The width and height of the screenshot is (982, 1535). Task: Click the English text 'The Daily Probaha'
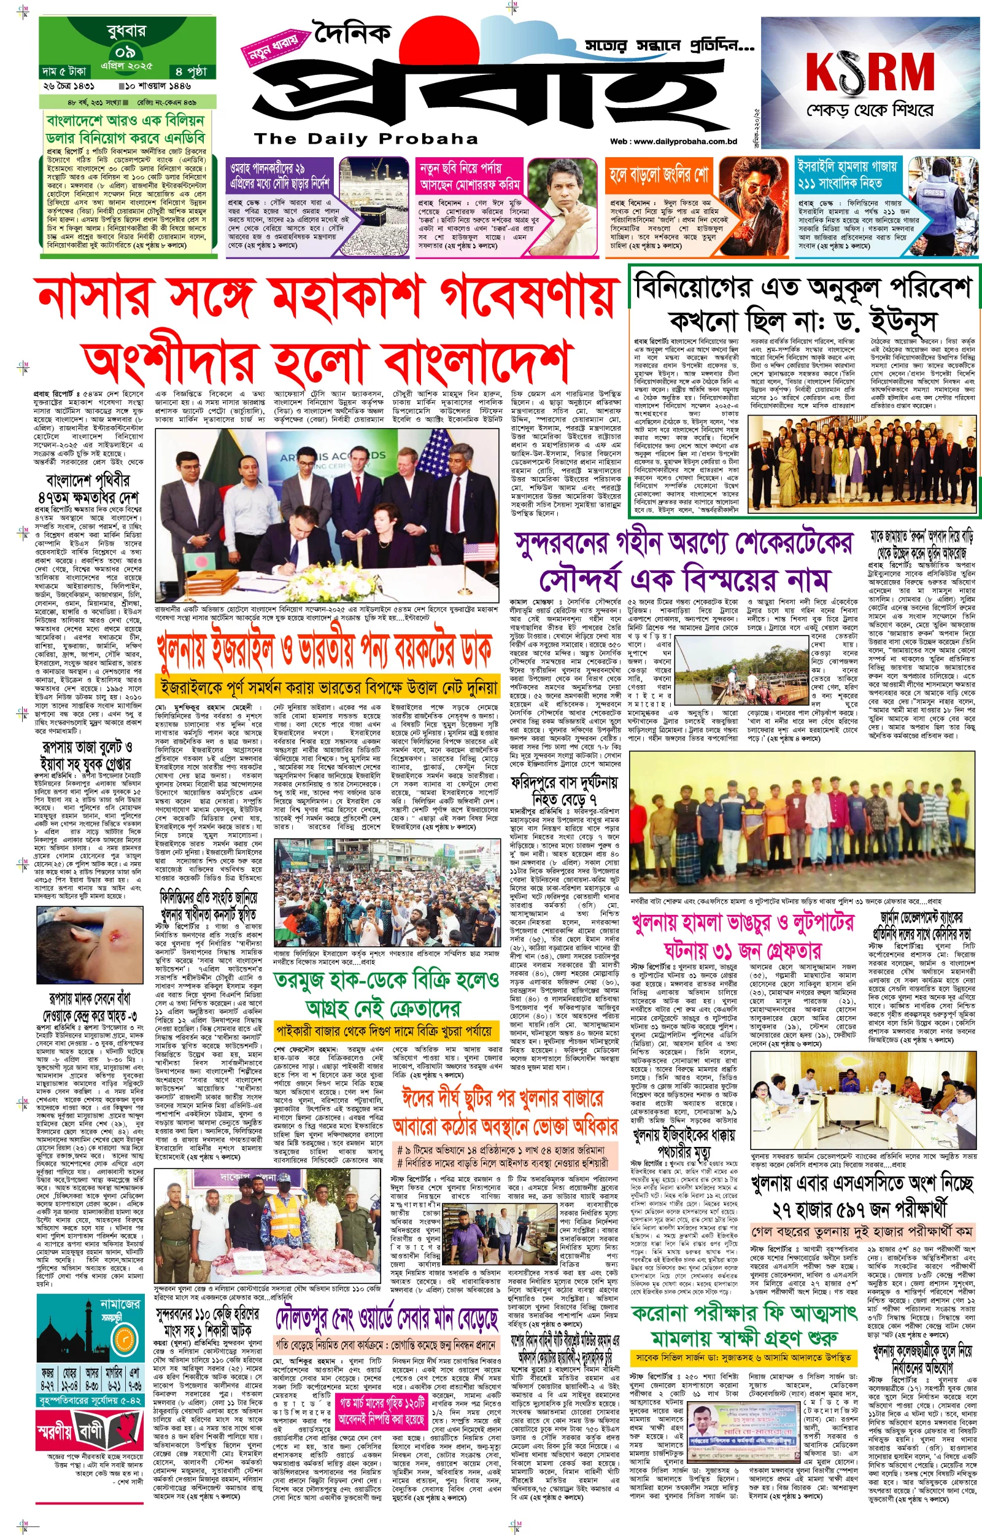[365, 139]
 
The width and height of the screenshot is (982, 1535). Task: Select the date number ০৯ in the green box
[125, 52]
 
